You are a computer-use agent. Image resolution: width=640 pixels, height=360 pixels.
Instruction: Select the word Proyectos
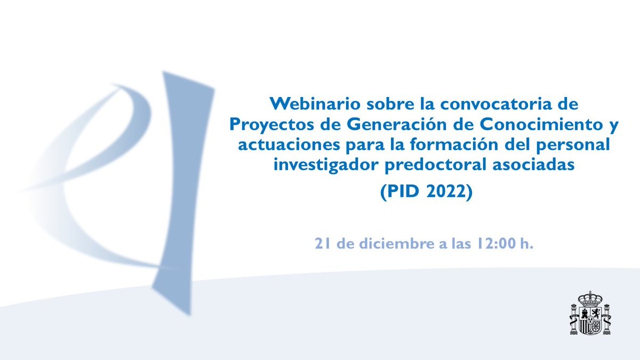(271, 125)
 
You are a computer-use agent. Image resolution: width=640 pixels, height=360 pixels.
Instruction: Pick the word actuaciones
(289, 145)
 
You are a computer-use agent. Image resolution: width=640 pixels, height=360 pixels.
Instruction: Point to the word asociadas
(533, 165)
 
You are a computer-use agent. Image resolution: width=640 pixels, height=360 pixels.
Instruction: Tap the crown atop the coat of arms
(590, 299)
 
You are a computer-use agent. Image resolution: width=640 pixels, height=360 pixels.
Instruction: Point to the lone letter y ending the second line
(614, 127)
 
